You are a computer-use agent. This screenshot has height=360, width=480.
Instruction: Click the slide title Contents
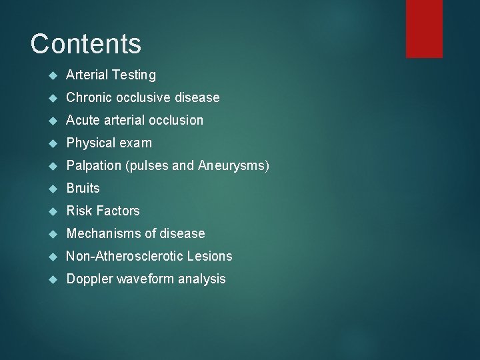[x=86, y=44]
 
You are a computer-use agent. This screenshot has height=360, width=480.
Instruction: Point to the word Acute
[x=83, y=121]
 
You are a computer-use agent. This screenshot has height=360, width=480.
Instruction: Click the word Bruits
[x=83, y=189]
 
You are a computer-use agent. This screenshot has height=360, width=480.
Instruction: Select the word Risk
[x=79, y=211]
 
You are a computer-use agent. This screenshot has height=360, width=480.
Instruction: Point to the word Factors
[x=117, y=211]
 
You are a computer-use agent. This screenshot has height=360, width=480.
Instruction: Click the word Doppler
[x=89, y=279]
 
